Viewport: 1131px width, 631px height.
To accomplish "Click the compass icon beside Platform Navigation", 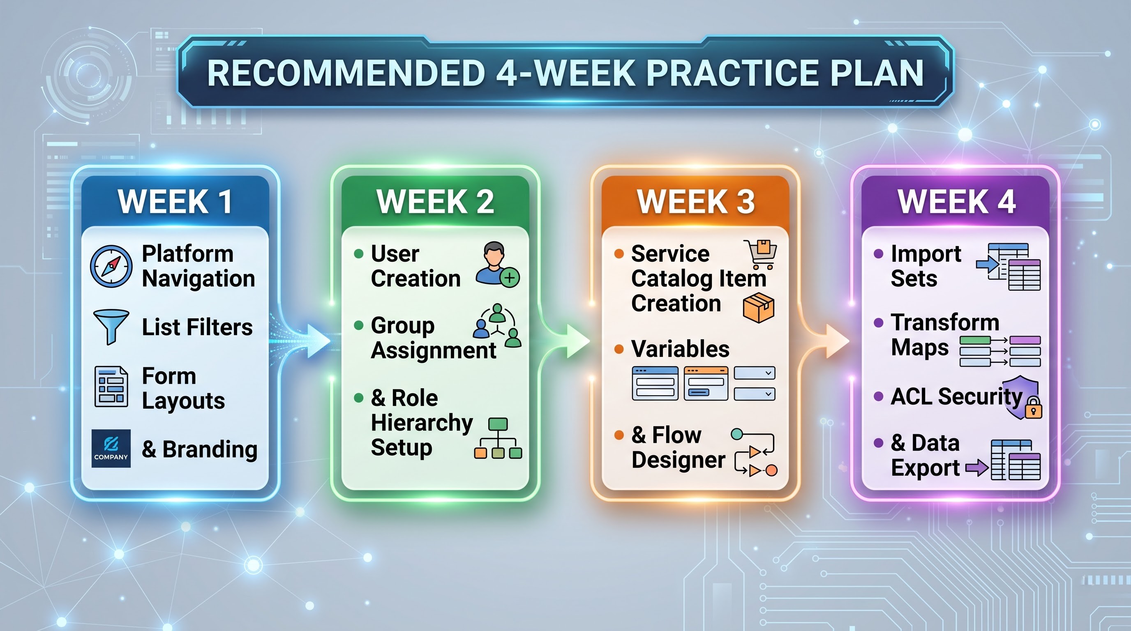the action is pyautogui.click(x=111, y=266).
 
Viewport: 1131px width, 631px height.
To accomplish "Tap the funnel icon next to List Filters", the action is pyautogui.click(x=111, y=327).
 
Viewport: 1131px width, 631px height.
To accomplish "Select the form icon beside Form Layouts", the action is pyautogui.click(x=111, y=387).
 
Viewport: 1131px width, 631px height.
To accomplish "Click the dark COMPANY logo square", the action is pyautogui.click(x=111, y=448).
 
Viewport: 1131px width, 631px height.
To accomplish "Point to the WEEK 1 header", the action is pyautogui.click(x=175, y=202).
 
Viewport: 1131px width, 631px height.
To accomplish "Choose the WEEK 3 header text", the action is pyautogui.click(x=695, y=202).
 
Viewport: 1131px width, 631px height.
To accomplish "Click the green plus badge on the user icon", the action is pyautogui.click(x=510, y=278).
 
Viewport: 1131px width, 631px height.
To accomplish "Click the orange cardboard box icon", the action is pyautogui.click(x=759, y=308).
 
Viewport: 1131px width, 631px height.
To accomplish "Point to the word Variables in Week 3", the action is pyautogui.click(x=680, y=349).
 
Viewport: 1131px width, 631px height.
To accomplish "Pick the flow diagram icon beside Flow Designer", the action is pyautogui.click(x=754, y=452).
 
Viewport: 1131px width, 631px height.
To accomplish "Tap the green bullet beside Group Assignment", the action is pyautogui.click(x=359, y=325).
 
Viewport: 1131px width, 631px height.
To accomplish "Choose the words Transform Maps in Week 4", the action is pyautogui.click(x=945, y=335).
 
